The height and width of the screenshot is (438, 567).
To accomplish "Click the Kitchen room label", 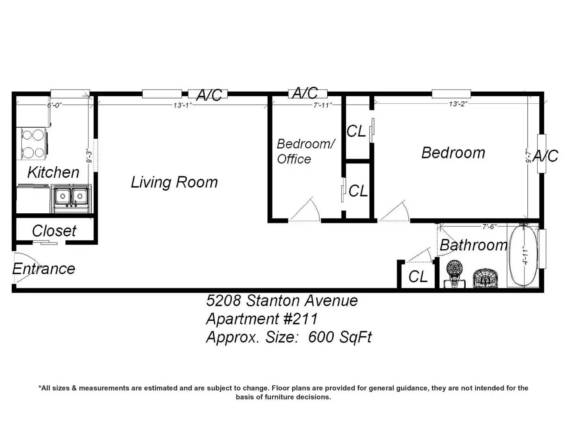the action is click(53, 172).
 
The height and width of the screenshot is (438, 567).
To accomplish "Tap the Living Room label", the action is click(174, 182).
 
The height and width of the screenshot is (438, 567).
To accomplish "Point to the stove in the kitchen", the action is click(32, 144).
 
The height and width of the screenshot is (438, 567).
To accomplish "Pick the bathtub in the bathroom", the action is click(523, 255).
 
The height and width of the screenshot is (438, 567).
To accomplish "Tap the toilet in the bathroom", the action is click(454, 275).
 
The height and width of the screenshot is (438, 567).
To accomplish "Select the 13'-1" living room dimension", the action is click(183, 105).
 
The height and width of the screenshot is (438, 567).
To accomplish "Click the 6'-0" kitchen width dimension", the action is click(54, 105).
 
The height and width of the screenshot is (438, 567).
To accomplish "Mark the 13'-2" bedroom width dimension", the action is click(458, 104).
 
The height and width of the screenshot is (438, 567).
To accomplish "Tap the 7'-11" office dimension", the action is click(322, 105).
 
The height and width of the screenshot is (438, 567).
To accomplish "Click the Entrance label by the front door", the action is click(43, 269).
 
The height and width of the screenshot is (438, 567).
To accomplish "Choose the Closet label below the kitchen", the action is click(54, 231).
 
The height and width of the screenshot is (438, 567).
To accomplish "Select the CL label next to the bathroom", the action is click(418, 276).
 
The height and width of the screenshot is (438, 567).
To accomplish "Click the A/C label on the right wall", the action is click(546, 156).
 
